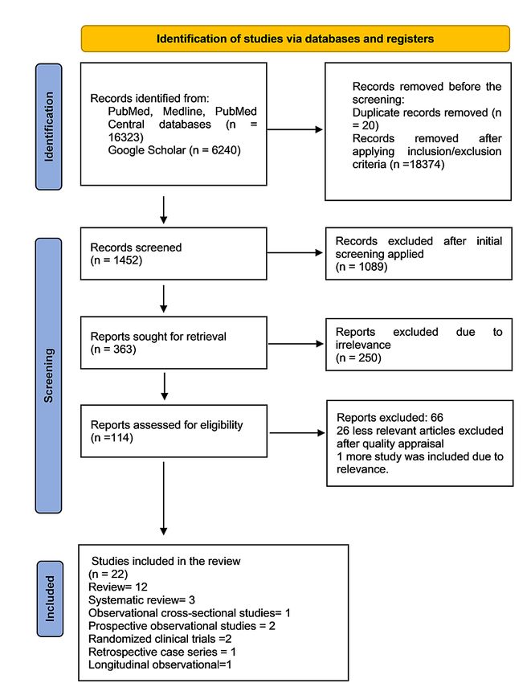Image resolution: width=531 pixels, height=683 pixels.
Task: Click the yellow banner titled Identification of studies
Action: (x=296, y=39)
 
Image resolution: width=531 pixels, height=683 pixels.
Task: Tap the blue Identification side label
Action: (x=49, y=127)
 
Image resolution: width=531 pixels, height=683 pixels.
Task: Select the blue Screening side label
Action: (x=48, y=375)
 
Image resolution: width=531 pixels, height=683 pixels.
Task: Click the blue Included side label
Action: (x=50, y=599)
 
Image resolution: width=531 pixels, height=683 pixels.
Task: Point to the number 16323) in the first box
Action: (x=125, y=137)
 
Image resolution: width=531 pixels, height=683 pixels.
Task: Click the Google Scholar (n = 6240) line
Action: (x=174, y=150)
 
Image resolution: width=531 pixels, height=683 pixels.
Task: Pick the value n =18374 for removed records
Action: (x=417, y=164)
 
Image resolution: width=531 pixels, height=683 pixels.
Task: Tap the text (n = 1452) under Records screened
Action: (x=116, y=260)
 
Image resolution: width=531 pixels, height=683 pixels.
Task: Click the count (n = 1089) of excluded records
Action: (x=361, y=267)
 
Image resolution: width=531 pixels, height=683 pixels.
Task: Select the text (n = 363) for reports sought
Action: (x=113, y=350)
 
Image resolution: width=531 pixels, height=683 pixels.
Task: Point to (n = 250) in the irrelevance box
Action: (x=358, y=358)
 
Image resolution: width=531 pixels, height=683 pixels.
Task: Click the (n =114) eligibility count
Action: (x=112, y=438)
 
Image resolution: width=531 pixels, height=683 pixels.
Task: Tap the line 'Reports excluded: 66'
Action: (x=390, y=418)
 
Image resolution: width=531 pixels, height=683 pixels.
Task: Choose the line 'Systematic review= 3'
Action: (x=141, y=599)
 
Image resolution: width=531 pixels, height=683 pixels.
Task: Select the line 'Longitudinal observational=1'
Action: (x=160, y=665)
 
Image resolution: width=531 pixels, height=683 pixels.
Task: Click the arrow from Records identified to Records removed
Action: (x=295, y=129)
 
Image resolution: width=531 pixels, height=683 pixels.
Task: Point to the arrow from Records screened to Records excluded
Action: (x=295, y=252)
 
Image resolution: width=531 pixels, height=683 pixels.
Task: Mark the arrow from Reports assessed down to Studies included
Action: (x=164, y=498)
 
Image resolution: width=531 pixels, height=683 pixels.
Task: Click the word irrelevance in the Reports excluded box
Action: (x=363, y=345)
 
